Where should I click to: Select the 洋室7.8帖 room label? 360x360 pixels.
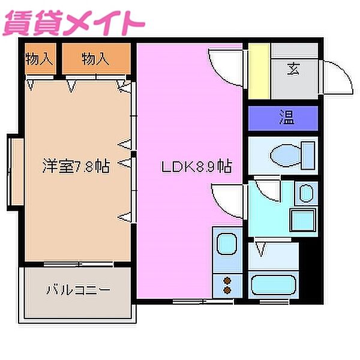(76, 166)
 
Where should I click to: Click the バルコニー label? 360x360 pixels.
(78, 290)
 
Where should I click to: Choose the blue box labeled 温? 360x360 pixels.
(283, 118)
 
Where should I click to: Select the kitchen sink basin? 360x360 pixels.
(227, 245)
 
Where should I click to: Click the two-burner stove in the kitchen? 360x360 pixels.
(227, 284)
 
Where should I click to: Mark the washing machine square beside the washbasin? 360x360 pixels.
(302, 218)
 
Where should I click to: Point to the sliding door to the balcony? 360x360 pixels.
(78, 264)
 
